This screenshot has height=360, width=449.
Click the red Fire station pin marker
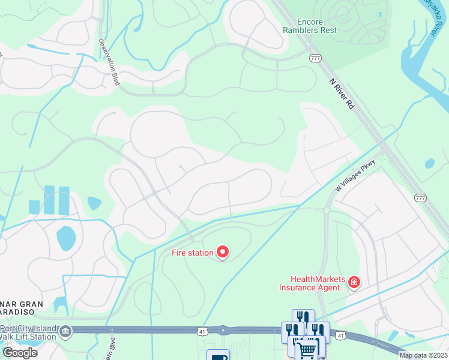[223, 252]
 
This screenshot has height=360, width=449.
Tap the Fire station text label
[192, 253]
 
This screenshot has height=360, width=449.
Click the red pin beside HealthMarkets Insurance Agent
[354, 281]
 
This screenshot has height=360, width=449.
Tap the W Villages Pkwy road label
[356, 175]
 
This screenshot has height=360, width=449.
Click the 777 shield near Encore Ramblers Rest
[315, 58]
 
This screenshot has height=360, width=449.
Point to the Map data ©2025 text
[423, 355]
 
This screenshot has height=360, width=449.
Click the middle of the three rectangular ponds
[49, 200]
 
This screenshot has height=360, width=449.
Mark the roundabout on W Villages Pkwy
[327, 211]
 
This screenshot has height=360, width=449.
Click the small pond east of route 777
[429, 163]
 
